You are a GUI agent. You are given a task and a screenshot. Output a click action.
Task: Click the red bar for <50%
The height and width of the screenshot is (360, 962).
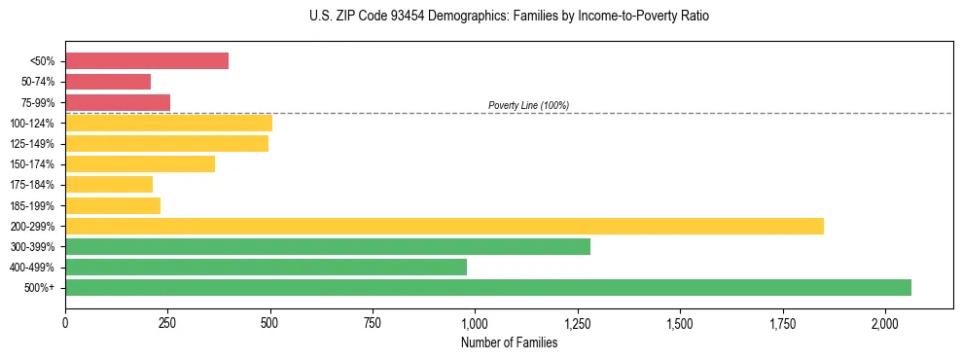147,61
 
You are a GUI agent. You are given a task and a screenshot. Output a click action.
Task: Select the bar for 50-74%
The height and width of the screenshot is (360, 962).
108,82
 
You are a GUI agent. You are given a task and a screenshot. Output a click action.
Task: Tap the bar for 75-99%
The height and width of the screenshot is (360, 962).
118,102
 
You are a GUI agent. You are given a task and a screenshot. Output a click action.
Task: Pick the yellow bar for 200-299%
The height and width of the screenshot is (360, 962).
445,226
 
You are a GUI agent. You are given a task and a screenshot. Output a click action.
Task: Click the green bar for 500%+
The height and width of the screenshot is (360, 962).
488,287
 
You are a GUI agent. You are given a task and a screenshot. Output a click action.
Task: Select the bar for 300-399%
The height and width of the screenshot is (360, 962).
328,246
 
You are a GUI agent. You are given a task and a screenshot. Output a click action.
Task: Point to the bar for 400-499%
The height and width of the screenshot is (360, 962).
266,267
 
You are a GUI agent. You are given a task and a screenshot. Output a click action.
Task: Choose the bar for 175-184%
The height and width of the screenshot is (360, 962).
109,185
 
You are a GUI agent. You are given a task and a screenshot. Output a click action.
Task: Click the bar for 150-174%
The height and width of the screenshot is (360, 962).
140,164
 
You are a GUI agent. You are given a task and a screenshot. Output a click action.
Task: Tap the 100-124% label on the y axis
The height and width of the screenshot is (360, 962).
32,124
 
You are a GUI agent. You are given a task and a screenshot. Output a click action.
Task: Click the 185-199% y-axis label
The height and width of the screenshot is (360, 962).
32,206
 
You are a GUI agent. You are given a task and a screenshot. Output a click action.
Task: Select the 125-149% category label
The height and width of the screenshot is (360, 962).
32,144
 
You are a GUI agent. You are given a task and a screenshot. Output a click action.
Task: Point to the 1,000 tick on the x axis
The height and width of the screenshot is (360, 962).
475,322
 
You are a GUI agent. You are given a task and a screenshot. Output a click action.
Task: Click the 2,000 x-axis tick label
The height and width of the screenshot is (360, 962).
884,322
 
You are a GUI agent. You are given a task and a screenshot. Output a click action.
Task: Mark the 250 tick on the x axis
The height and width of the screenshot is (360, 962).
167,322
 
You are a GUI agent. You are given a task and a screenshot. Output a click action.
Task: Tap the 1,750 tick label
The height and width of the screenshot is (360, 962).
782,322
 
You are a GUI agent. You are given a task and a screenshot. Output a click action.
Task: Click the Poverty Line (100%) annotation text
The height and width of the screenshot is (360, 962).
528,105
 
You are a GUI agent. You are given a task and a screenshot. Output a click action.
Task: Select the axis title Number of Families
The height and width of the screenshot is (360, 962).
509,342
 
